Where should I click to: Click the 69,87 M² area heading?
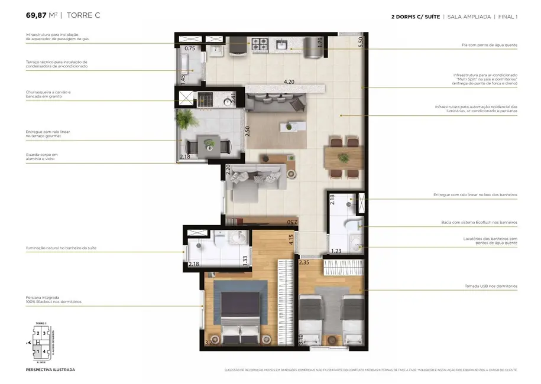pyautogui.click(x=41, y=15)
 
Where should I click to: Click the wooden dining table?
pyautogui.click(x=344, y=158)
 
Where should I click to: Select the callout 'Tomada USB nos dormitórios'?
pyautogui.click(x=490, y=287)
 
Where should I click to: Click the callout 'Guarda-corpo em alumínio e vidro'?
pyautogui.click(x=42, y=157)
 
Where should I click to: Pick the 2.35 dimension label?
pyautogui.click(x=304, y=262)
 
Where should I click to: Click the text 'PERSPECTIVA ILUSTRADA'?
pyautogui.click(x=50, y=370)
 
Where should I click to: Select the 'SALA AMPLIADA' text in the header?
pyautogui.click(x=469, y=17)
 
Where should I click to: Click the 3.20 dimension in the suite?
pyautogui.click(x=210, y=342)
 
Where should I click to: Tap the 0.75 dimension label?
pyautogui.click(x=190, y=48)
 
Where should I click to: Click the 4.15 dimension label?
pyautogui.click(x=291, y=240)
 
